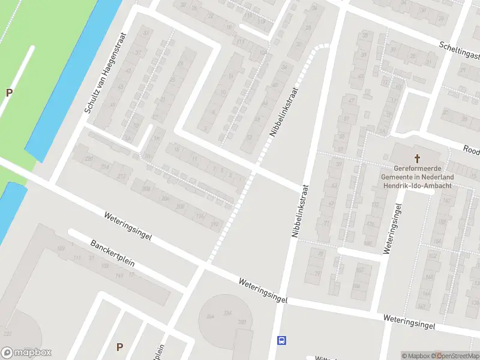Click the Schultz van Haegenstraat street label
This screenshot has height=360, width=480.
[106, 73]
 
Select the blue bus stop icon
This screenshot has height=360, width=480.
[281, 340]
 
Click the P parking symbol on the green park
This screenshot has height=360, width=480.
[9, 92]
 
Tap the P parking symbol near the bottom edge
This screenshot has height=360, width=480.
[119, 347]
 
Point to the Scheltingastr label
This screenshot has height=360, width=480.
[460, 51]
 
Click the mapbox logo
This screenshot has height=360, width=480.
[26, 353]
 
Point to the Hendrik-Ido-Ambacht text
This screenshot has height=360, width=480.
[416, 185]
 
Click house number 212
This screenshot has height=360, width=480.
[122, 176]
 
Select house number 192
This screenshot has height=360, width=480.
[215, 224]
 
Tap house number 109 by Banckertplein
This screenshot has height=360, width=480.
[60, 248]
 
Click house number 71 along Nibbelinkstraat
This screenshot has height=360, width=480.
[326, 223]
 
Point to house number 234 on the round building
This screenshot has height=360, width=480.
[227, 313]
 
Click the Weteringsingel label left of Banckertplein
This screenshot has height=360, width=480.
[127, 226]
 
